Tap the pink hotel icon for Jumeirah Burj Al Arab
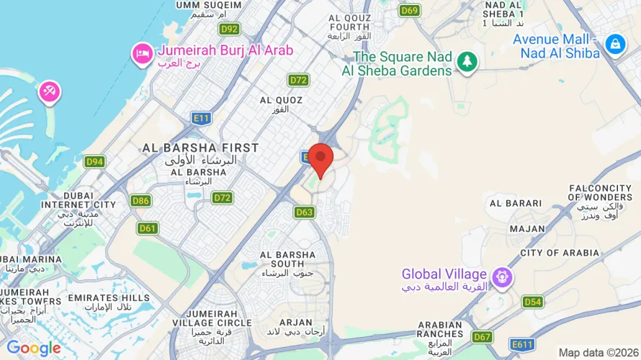(x=140, y=53)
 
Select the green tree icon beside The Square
(x=468, y=62)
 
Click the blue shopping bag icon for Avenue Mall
(x=615, y=44)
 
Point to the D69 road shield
(x=410, y=10)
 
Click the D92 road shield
(x=230, y=29)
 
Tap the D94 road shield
(x=94, y=162)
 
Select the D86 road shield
(x=141, y=201)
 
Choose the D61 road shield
(x=148, y=228)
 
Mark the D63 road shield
(x=305, y=212)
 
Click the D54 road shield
(x=533, y=302)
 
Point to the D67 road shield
(x=483, y=337)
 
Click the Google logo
(x=34, y=348)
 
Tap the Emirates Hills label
(x=109, y=297)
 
